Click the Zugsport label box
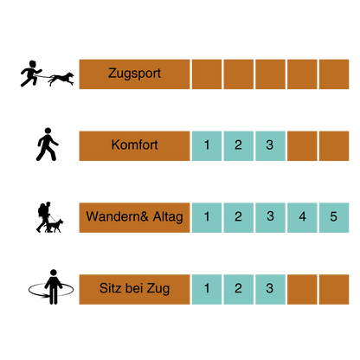pos(134,74)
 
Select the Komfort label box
pos(134,146)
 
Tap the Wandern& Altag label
pos(134,217)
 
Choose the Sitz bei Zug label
pos(134,289)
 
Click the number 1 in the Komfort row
pos(207,145)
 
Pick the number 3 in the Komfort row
pos(270,145)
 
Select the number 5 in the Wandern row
pos(334,216)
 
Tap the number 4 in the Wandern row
pos(302,216)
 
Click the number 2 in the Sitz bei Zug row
pos(238,288)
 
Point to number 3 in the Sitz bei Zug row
pos(270,288)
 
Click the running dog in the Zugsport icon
pos(61,79)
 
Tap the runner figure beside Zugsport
pos(31,74)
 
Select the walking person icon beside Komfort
pos(48,145)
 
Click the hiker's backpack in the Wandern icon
pos(42,209)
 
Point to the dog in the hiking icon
pos(55,226)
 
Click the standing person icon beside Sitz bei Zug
pos(53,286)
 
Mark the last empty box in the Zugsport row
pos(334,74)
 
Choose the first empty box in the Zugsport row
pos(207,74)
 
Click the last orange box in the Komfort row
pos(334,146)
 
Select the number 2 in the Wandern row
pos(238,216)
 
